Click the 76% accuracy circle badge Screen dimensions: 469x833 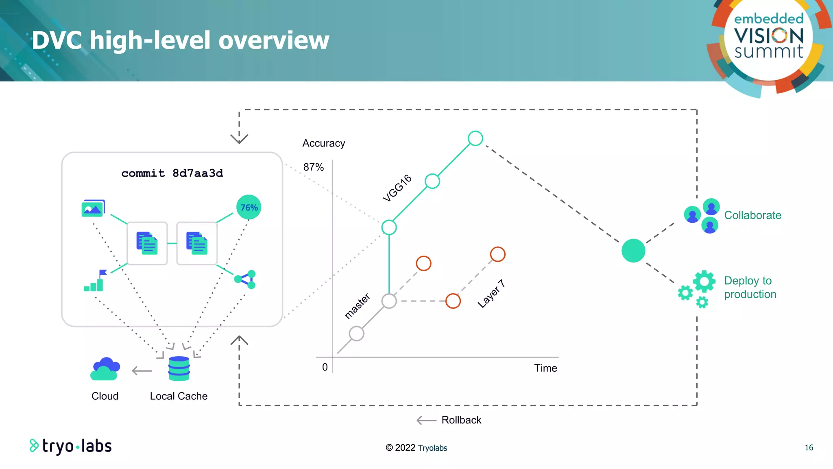(x=249, y=208)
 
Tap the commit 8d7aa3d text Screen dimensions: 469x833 (x=172, y=173)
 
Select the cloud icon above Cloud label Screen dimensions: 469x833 (x=105, y=369)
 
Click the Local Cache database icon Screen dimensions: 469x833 (x=179, y=368)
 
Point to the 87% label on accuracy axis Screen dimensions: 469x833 (x=313, y=167)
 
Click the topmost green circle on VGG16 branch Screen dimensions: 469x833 (x=475, y=138)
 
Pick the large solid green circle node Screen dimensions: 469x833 (x=633, y=251)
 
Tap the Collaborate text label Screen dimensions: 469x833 (x=752, y=215)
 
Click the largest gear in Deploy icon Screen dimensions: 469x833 (x=704, y=281)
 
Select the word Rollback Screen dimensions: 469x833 (x=461, y=420)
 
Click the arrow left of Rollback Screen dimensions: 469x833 (x=426, y=421)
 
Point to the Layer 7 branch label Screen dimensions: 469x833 (x=491, y=294)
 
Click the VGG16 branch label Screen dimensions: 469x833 (x=397, y=188)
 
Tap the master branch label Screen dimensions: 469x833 (x=357, y=306)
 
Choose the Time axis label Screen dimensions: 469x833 (x=545, y=368)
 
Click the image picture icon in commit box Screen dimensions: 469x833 (x=93, y=208)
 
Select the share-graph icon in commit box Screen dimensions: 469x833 (x=245, y=279)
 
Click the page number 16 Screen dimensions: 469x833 (x=809, y=448)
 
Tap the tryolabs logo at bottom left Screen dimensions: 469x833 (x=71, y=446)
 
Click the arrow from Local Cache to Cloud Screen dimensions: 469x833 (x=142, y=371)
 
